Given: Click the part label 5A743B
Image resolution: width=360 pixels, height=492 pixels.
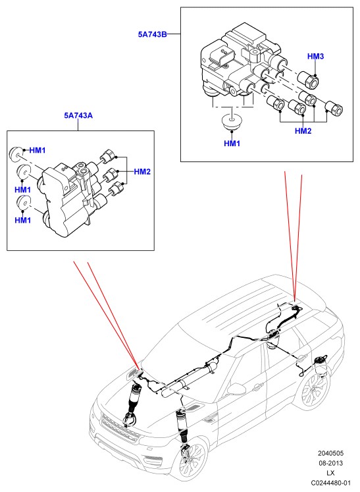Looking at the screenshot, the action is coord(153,34).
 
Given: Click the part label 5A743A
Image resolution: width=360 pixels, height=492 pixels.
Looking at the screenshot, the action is coord(78,115).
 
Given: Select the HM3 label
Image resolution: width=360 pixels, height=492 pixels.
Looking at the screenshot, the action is coord(315,57).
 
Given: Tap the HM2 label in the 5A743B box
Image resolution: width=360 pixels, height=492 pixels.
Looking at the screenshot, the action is coord(303,131).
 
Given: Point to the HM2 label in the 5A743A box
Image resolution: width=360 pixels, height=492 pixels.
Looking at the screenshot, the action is coord(142,172).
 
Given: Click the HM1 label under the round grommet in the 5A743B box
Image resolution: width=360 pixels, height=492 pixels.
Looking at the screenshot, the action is coord(232,144).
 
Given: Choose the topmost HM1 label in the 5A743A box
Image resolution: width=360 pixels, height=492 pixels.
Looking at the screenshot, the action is coord(38,150).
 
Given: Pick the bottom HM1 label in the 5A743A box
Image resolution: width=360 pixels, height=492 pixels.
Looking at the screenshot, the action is coord(23,220).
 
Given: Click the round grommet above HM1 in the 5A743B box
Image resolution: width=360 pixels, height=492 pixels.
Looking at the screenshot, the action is coord(232,122).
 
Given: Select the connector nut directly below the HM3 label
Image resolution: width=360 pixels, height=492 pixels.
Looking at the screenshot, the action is coord(308,79).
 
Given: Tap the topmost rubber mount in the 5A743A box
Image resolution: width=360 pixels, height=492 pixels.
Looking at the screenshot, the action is coord(15,153).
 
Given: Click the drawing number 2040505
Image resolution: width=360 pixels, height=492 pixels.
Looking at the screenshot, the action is coord(330,453).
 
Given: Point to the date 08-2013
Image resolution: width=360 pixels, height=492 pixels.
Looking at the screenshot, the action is coord(331,463).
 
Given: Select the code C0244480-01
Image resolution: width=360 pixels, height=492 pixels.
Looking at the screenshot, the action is coord(331,483).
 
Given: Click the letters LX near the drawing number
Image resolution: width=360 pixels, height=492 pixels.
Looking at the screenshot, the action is coord(330,473).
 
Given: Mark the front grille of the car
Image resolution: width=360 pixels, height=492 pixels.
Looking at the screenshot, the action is coord(120,427).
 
